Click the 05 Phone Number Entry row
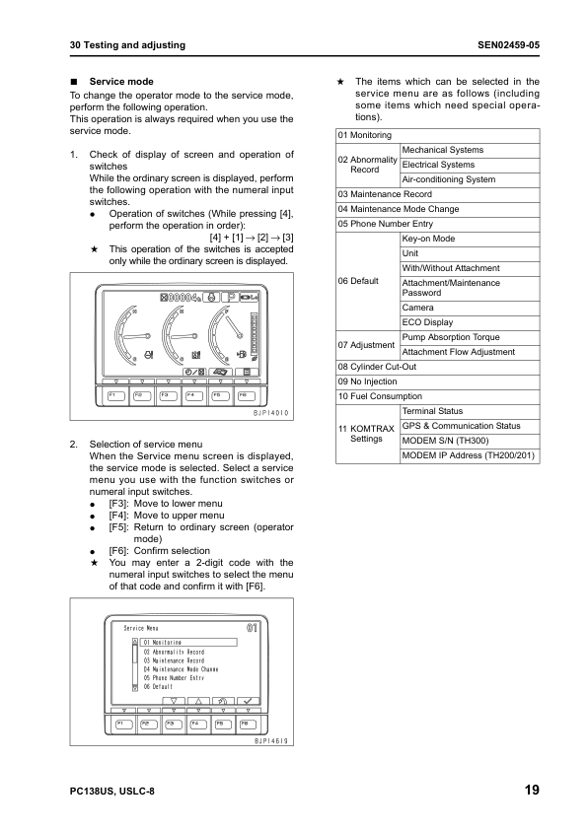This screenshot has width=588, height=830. pos(386,224)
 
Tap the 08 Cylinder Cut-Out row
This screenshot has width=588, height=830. pos(384,367)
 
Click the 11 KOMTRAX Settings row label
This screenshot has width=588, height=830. pos(366,434)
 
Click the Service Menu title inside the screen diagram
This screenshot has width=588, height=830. pos(141,628)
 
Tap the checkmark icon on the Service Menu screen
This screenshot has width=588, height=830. pos(248,701)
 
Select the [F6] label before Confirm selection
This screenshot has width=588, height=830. pos(118,551)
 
